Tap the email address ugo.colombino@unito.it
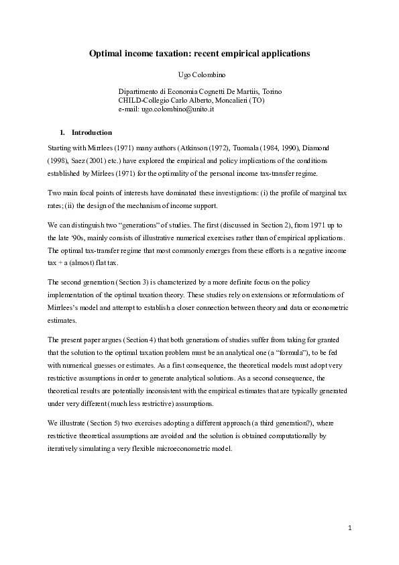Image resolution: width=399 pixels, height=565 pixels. [176, 108]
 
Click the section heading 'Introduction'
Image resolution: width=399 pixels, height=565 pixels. [92, 132]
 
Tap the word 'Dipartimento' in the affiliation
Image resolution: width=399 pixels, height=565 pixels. [139, 91]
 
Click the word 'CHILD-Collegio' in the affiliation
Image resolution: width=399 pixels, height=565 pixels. [142, 99]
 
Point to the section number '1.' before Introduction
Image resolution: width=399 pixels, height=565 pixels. [64, 132]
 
